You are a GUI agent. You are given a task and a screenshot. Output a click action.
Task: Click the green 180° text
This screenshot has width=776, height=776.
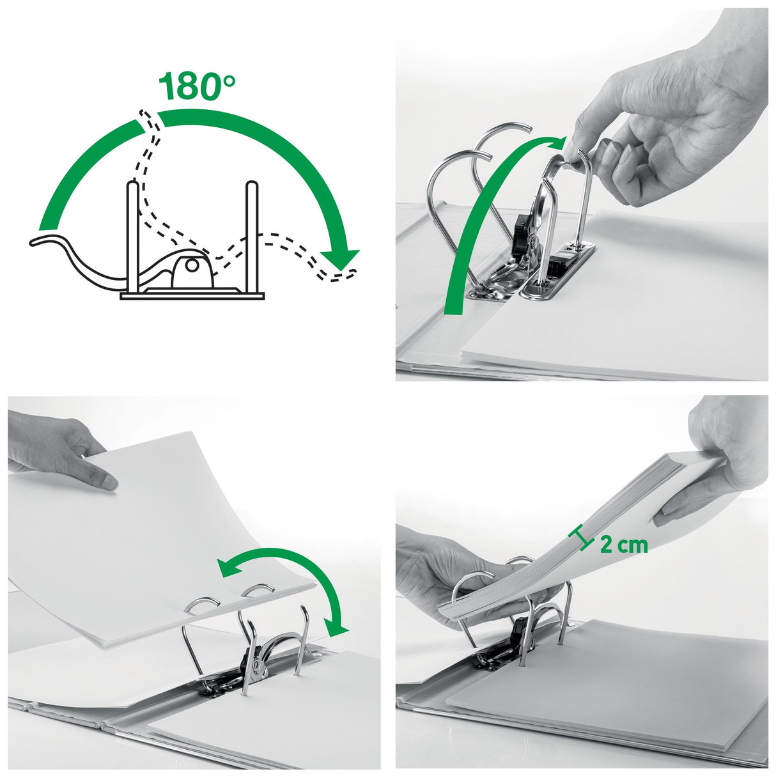(x=197, y=86)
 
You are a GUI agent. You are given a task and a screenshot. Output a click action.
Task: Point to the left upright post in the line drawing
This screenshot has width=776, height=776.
(x=132, y=237)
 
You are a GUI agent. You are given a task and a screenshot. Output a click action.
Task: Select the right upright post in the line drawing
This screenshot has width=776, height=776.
(x=251, y=237)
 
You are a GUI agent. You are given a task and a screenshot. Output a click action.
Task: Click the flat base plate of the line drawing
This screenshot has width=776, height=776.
(x=192, y=295)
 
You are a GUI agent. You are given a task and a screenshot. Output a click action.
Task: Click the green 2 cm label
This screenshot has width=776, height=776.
(x=624, y=545)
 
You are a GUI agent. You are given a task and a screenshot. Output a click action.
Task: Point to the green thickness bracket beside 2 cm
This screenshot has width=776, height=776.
(x=583, y=538)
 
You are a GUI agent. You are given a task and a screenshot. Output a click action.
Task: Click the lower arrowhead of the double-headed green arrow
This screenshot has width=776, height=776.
(x=337, y=627)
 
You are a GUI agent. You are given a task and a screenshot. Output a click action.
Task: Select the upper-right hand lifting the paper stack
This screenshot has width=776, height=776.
(x=722, y=460)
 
